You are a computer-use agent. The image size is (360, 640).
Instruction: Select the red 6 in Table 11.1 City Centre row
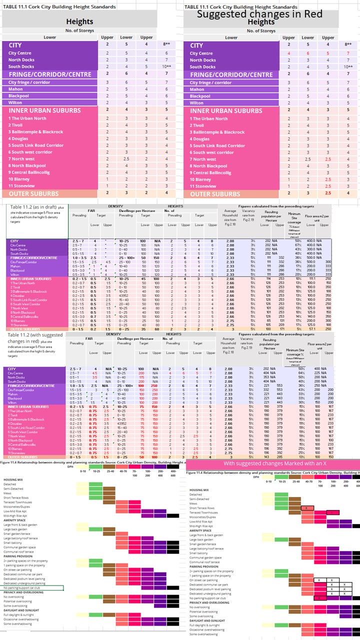(x=308, y=53)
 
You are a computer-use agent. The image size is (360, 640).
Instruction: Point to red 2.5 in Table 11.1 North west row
(x=328, y=159)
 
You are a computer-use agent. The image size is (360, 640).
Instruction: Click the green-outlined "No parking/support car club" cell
(x=32, y=588)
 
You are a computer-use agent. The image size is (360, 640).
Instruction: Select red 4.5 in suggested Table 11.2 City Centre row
(x=94, y=373)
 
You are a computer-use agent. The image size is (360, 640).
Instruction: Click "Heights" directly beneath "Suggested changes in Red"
(x=261, y=22)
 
